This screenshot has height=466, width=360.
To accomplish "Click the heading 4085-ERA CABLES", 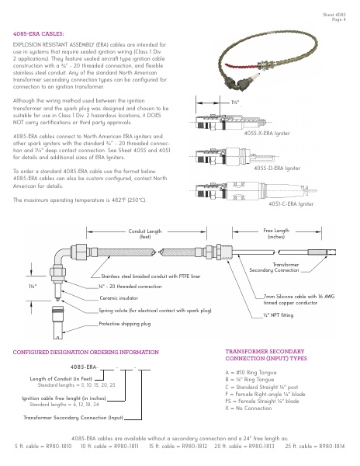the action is (38, 34).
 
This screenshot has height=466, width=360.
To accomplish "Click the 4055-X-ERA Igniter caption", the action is (267, 133).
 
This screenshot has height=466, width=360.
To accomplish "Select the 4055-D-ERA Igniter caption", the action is (277, 169).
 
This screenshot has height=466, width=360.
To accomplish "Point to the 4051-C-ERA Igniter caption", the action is (291, 203).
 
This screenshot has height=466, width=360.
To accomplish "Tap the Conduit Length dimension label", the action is (145, 234).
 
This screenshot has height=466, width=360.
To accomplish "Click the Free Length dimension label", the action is (276, 233).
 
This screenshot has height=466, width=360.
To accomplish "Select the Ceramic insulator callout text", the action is (119, 297).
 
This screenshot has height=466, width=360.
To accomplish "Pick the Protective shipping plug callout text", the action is (125, 324).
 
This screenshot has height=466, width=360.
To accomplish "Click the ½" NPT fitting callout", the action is (278, 315).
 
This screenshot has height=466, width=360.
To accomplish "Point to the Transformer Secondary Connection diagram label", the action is (274, 267).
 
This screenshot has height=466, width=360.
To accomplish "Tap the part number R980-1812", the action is (195, 446).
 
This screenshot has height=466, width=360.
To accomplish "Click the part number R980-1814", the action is (332, 446).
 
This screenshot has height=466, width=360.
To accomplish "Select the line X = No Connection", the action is (248, 408).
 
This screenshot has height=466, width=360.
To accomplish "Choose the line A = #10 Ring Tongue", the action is (251, 372).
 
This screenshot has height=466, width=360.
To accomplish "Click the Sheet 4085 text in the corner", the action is (334, 15).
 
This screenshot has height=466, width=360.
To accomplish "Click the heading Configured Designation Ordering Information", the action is (86, 352).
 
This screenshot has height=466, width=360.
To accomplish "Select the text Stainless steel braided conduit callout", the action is (151, 276).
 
